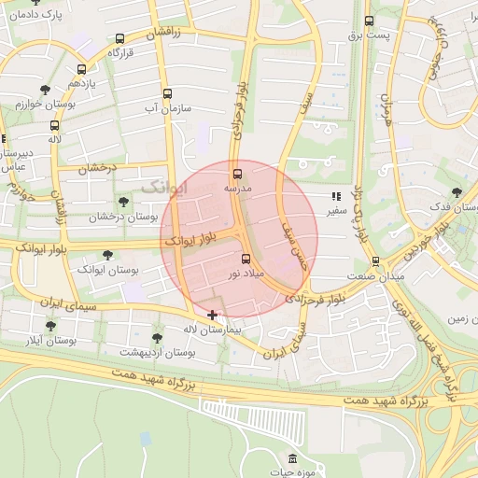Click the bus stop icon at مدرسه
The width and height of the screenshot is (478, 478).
pyautogui.click(x=236, y=173)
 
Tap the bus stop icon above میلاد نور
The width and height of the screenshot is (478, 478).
pyautogui.click(x=246, y=260)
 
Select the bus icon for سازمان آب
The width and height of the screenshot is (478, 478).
pyautogui.click(x=167, y=93)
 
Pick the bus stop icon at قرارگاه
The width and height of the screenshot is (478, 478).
pyautogui.click(x=119, y=39)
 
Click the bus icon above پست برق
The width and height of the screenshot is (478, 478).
pyautogui.click(x=369, y=21)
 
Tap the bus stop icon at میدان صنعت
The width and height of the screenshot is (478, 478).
pyautogui.click(x=375, y=261)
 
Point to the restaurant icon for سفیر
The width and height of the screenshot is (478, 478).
pyautogui.click(x=335, y=197)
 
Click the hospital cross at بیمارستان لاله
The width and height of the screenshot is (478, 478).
pyautogui.click(x=213, y=316)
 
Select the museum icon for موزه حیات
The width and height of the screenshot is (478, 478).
pyautogui.click(x=295, y=458)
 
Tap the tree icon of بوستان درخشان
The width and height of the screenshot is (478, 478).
pyautogui.click(x=123, y=202)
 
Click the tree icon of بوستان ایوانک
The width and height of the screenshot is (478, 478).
pyautogui.click(x=107, y=254)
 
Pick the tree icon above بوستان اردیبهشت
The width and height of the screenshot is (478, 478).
pyautogui.click(x=157, y=338)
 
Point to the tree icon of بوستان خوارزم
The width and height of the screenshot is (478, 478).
pyautogui.click(x=45, y=90)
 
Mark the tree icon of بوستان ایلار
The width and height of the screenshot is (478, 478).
pyautogui.click(x=50, y=326)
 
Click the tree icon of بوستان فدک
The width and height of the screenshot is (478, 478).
pyautogui.click(x=456, y=191)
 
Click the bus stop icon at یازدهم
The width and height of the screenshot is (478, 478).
pyautogui.click(x=82, y=69)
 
